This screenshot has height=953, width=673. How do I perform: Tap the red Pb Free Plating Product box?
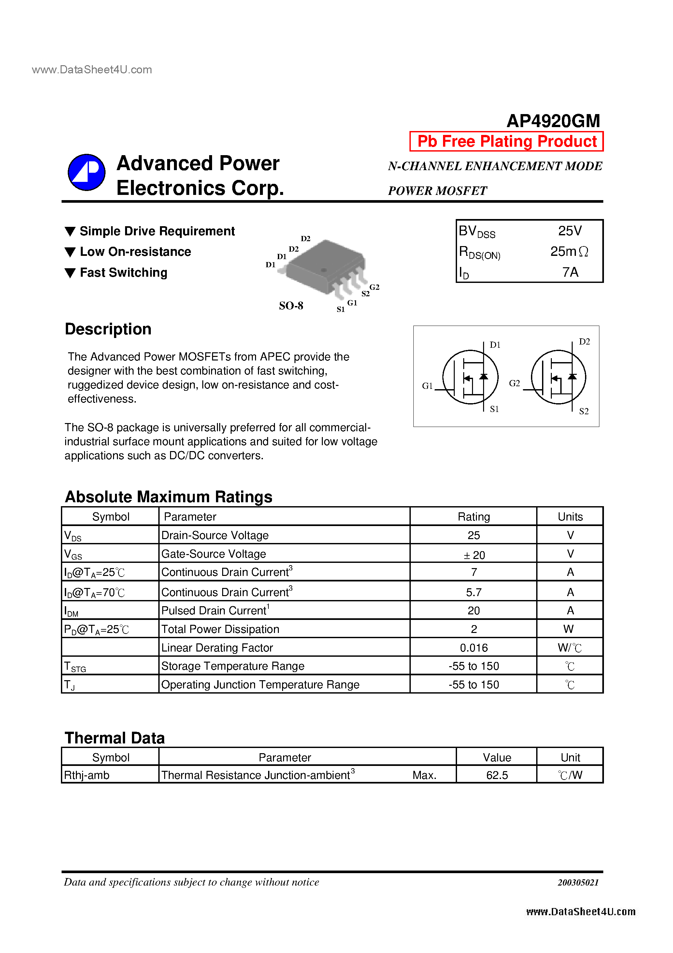pos(506,141)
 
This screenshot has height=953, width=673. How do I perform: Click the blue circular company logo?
pos(86,172)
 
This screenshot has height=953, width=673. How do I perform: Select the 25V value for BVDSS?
pos(569,231)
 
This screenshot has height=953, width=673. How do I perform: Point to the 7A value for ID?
pos(570,272)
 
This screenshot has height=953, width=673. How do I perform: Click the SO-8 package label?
pos(291,306)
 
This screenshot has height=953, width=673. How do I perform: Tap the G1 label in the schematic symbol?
pos(427,386)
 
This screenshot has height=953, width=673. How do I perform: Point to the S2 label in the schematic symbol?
pos(583,411)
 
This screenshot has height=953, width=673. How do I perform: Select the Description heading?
pos(108,329)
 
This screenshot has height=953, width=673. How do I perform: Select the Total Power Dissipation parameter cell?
pos(220,629)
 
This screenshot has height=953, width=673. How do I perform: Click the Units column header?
pos(570,517)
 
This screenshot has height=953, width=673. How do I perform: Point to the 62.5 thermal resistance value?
pos(497,775)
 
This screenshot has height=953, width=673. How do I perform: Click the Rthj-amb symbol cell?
pos(87,775)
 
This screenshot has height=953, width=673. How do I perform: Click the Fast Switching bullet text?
pos(123,273)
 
